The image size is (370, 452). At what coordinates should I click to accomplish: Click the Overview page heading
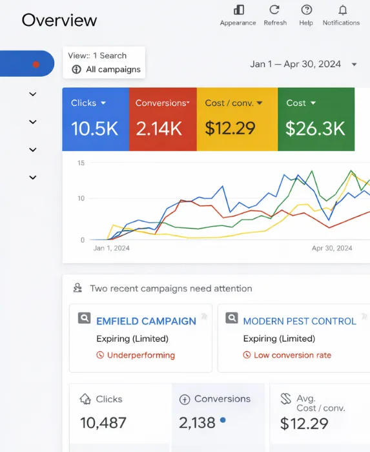click(x=59, y=20)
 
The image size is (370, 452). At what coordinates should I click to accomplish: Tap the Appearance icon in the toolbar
click(x=238, y=10)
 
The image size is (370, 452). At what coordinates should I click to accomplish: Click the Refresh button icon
click(x=274, y=10)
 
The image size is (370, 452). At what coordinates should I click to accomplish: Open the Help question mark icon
click(x=306, y=10)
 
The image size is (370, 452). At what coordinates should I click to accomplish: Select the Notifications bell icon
click(x=342, y=10)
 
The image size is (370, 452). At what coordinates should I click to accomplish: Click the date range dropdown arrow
click(x=354, y=65)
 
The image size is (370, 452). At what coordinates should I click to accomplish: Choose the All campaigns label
click(x=113, y=70)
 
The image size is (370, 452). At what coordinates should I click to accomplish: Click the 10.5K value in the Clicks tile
click(x=94, y=128)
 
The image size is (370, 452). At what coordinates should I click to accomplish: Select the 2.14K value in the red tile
click(x=159, y=128)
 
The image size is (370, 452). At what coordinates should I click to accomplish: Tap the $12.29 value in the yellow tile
click(x=230, y=128)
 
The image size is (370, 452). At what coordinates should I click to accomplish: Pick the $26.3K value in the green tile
click(x=315, y=128)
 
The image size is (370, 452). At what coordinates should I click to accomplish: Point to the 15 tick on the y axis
click(x=81, y=163)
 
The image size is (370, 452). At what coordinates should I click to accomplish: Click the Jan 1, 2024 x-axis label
click(x=112, y=248)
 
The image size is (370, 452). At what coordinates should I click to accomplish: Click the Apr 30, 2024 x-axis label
click(x=332, y=248)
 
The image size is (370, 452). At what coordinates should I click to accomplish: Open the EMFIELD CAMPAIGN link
click(x=146, y=321)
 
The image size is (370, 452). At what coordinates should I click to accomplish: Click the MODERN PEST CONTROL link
click(x=299, y=321)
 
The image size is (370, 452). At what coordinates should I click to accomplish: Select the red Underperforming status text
click(x=141, y=355)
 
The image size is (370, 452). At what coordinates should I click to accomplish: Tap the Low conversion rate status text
click(x=292, y=355)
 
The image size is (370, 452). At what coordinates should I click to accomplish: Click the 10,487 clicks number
click(x=103, y=424)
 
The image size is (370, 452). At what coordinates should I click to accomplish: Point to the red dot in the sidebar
click(x=36, y=64)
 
